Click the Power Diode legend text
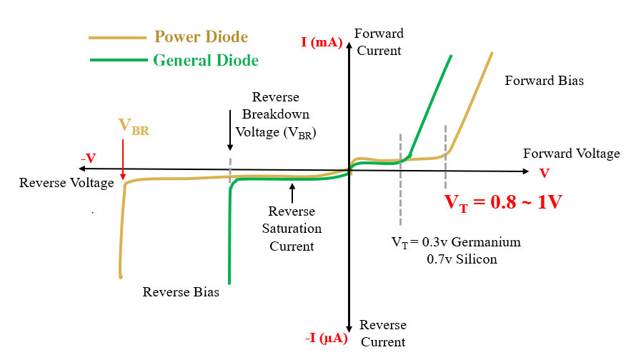coord(201,37)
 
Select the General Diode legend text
coord(206,60)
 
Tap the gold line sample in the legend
coord(117,37)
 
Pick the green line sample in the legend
coord(119,60)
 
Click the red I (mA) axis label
coord(322,42)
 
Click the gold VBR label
coord(133,127)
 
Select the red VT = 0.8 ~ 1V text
coord(503,201)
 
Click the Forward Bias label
coord(544,81)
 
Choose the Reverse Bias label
coord(181,291)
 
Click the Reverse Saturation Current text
coord(292,229)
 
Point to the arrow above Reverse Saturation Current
coord(292,191)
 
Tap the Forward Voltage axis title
coord(571,154)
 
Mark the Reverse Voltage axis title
coord(66,183)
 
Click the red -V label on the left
coord(89,158)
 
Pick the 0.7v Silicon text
coord(461,259)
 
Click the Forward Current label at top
coord(379,42)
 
